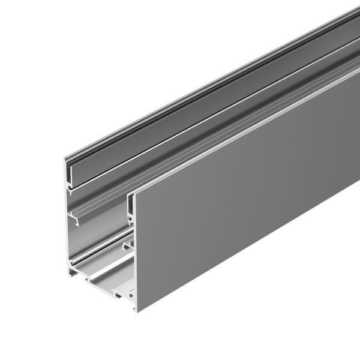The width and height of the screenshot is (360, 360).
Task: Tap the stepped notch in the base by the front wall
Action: tap(128, 294)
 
